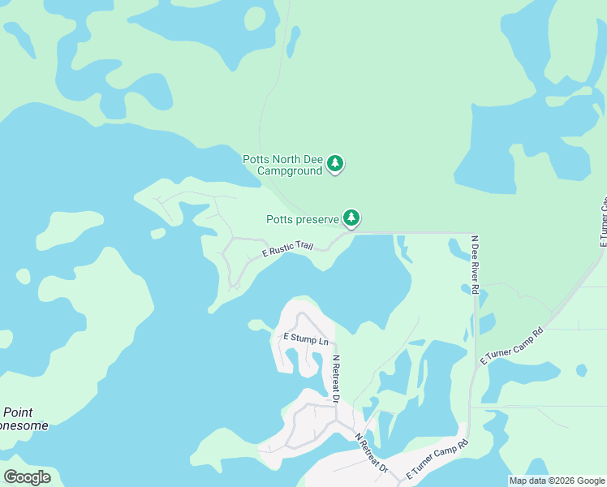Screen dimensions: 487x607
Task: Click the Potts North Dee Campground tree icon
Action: click(335, 164)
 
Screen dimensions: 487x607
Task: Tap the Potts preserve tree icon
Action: click(351, 218)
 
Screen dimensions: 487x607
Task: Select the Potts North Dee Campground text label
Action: click(282, 165)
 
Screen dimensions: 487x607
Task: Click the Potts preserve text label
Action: click(302, 219)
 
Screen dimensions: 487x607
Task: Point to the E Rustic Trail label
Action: click(287, 249)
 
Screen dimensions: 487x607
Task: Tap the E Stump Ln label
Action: click(305, 338)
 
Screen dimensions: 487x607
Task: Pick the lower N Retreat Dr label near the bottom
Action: click(372, 453)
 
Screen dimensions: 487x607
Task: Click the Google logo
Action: click(27, 477)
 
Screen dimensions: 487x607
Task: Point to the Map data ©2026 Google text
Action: click(557, 481)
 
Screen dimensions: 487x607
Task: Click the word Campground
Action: click(290, 170)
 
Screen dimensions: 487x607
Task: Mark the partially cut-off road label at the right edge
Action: click(603, 221)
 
